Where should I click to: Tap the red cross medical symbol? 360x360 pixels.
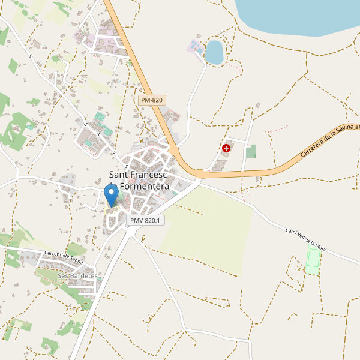tap(226, 148)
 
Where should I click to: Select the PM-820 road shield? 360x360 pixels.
tap(151, 100)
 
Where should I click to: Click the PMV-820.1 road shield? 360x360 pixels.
tap(145, 221)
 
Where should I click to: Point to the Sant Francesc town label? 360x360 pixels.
tap(139, 175)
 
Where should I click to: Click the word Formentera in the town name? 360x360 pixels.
tap(144, 187)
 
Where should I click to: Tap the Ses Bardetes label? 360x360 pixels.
tap(77, 275)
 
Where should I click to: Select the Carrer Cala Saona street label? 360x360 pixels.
tap(64, 258)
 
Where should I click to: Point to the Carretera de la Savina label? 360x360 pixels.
tap(330, 141)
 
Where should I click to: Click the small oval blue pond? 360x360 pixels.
tap(214, 52)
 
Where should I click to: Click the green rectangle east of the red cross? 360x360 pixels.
tap(251, 151)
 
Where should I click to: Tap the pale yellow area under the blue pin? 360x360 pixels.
tap(112, 209)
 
